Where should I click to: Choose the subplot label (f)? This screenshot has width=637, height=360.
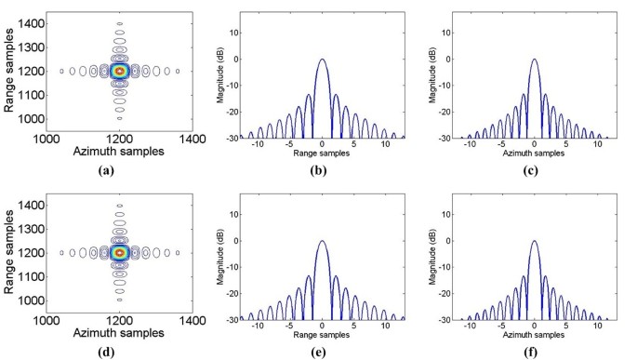pyautogui.click(x=532, y=353)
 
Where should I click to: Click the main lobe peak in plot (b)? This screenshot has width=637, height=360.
pyautogui.click(x=322, y=60)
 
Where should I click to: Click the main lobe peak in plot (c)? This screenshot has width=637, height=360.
pyautogui.click(x=533, y=60)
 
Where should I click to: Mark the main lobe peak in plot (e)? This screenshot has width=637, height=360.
pyautogui.click(x=322, y=241)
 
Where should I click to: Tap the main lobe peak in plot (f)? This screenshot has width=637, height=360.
pyautogui.click(x=533, y=241)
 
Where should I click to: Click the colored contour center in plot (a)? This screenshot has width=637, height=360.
pyautogui.click(x=118, y=70)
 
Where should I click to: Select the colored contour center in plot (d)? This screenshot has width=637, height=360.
pyautogui.click(x=118, y=251)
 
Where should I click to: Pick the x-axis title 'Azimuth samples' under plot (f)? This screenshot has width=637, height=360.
pyautogui.click(x=533, y=337)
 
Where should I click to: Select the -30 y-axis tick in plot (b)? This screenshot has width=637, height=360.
pyautogui.click(x=232, y=138)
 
